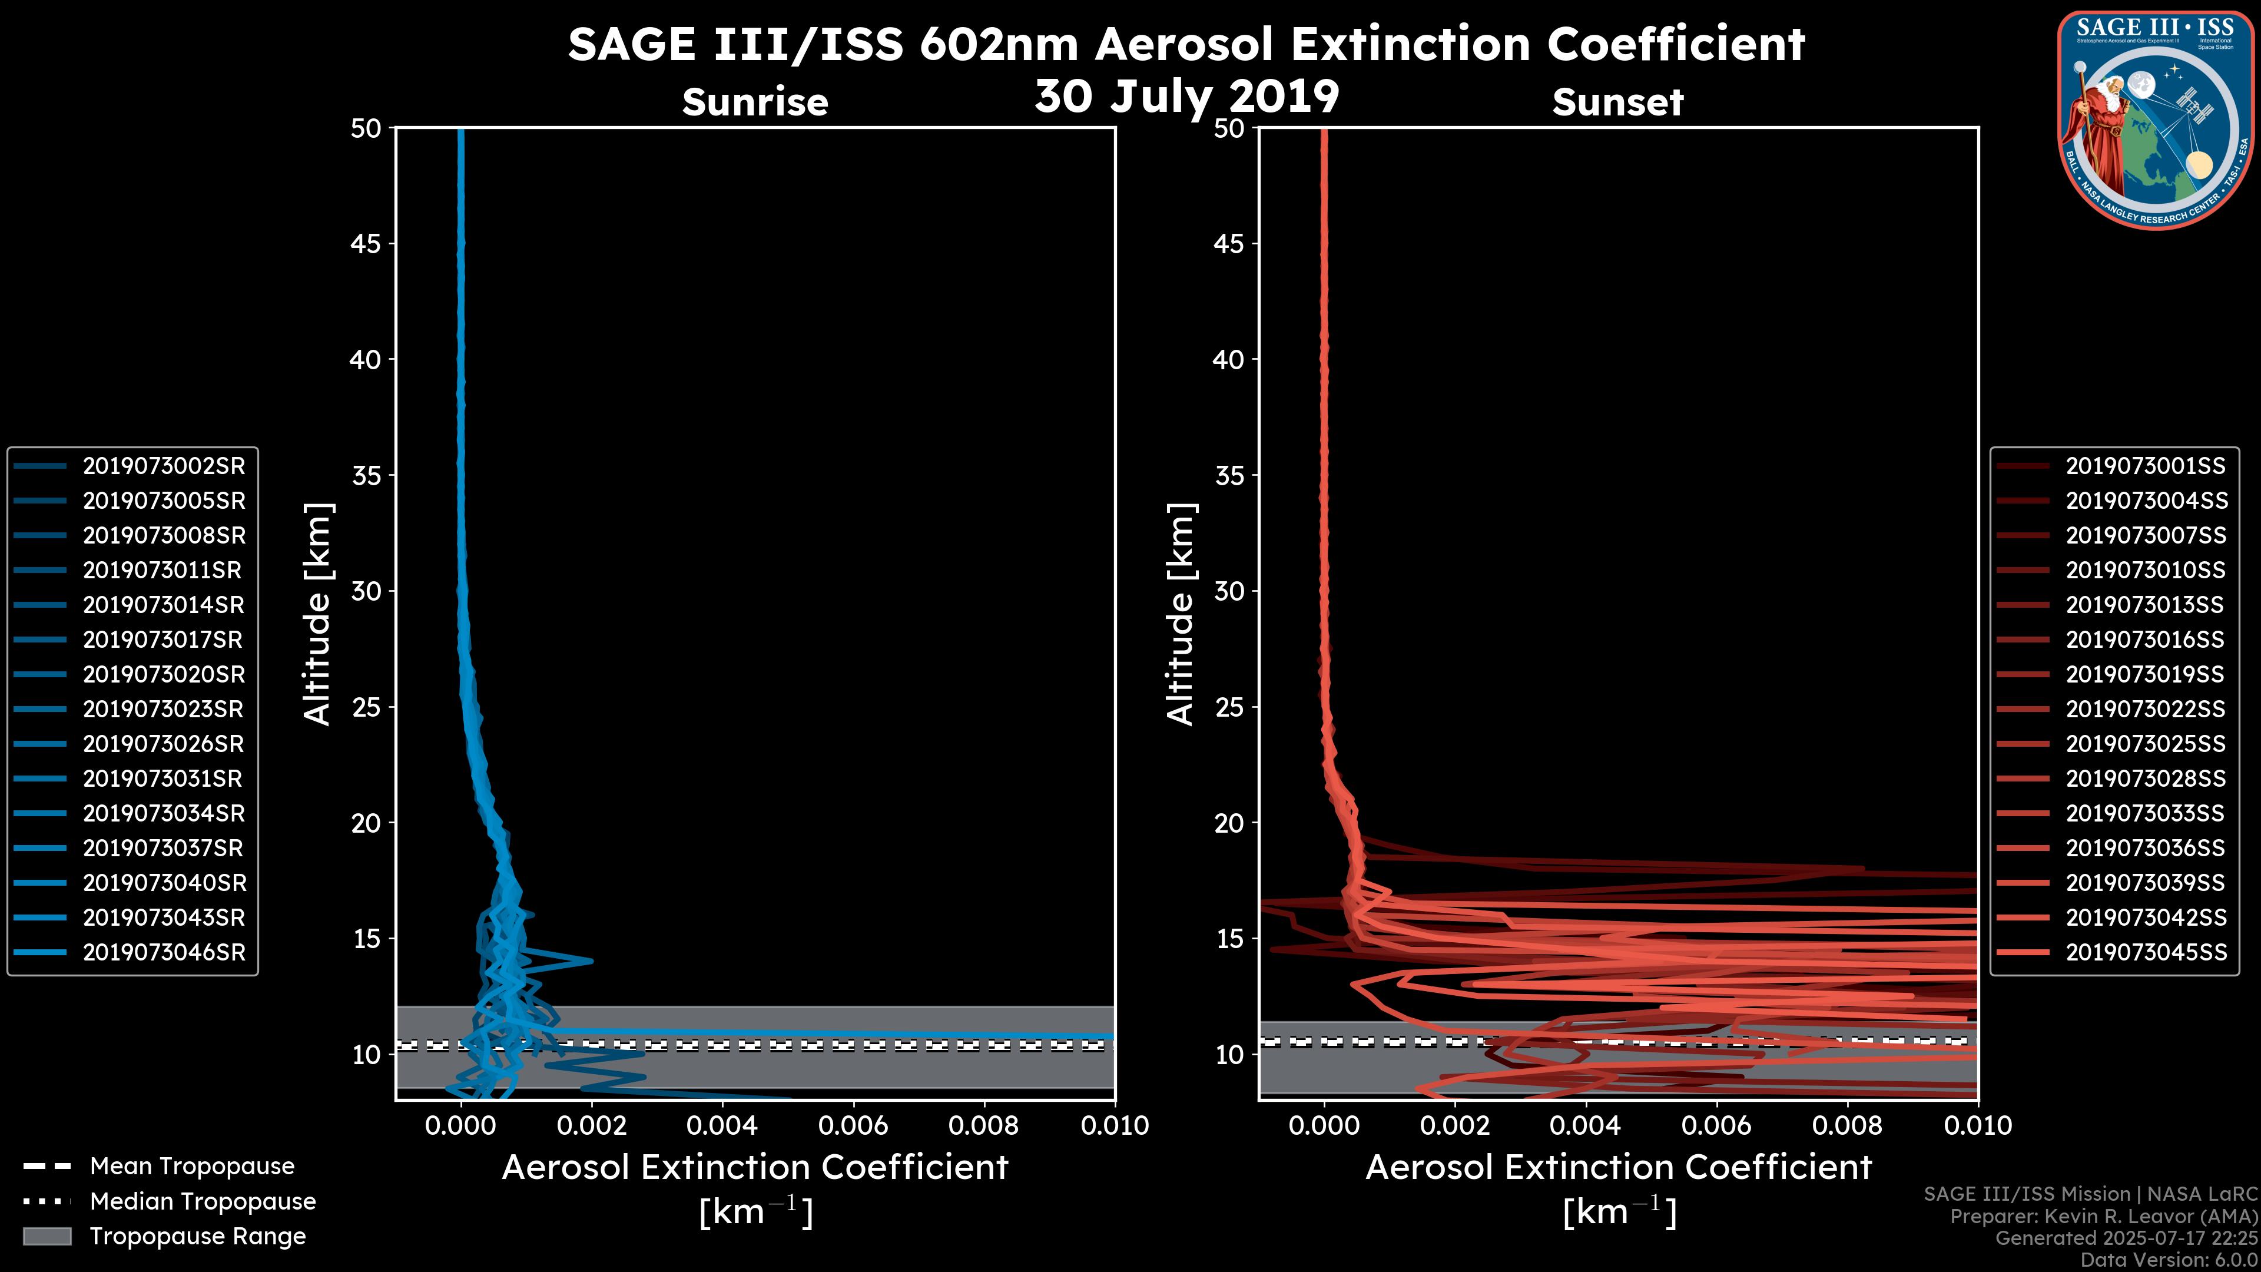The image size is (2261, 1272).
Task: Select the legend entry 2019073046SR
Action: click(163, 952)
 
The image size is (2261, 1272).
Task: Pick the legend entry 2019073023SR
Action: click(163, 709)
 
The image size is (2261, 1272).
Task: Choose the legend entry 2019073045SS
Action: click(2145, 952)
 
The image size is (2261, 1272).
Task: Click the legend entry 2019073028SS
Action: click(2145, 779)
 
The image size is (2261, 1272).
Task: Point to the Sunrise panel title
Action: click(755, 102)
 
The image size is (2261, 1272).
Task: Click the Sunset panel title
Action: click(1617, 102)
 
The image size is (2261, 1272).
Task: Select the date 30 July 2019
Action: click(1186, 97)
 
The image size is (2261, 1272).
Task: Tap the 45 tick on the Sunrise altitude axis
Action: click(365, 244)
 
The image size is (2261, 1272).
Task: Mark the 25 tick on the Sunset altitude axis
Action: click(1229, 707)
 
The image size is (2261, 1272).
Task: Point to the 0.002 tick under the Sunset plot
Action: click(1454, 1125)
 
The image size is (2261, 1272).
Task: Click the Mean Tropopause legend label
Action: click(192, 1167)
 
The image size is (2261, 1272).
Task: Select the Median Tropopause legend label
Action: click(203, 1202)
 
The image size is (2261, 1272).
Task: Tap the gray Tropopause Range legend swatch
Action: click(47, 1236)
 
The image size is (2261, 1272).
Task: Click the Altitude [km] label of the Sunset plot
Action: click(1181, 614)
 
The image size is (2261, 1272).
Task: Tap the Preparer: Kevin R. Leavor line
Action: click(2103, 1217)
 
